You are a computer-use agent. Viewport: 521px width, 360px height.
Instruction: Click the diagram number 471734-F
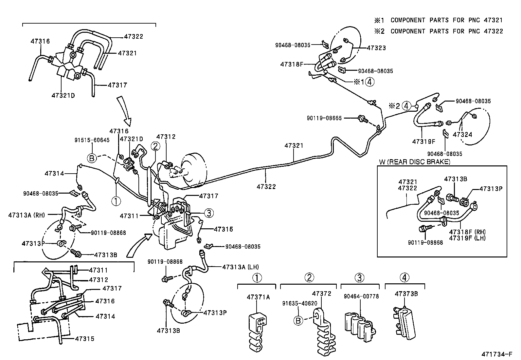[496, 354]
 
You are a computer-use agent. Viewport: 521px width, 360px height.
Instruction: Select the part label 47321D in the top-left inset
[63, 96]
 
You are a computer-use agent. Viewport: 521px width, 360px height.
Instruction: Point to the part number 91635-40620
[299, 304]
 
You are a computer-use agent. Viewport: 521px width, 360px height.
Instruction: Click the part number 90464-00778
[361, 296]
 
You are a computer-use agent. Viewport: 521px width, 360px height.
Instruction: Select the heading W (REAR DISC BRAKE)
[414, 162]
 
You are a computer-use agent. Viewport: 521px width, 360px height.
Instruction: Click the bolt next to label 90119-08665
[362, 118]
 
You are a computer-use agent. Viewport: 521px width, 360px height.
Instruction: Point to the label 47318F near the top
[292, 65]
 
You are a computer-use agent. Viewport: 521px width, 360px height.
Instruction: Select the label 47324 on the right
[462, 135]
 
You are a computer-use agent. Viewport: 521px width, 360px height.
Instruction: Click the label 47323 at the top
[376, 48]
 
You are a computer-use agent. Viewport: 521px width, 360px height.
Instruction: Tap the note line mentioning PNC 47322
[439, 31]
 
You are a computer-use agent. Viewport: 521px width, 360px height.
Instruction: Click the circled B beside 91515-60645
[92, 158]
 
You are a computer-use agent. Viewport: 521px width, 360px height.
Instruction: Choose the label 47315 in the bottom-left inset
[84, 339]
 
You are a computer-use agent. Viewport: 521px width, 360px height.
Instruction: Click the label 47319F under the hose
[423, 142]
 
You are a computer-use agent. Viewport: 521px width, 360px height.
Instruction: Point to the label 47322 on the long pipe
[266, 187]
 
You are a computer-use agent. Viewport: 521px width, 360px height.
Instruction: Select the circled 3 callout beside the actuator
[209, 213]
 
